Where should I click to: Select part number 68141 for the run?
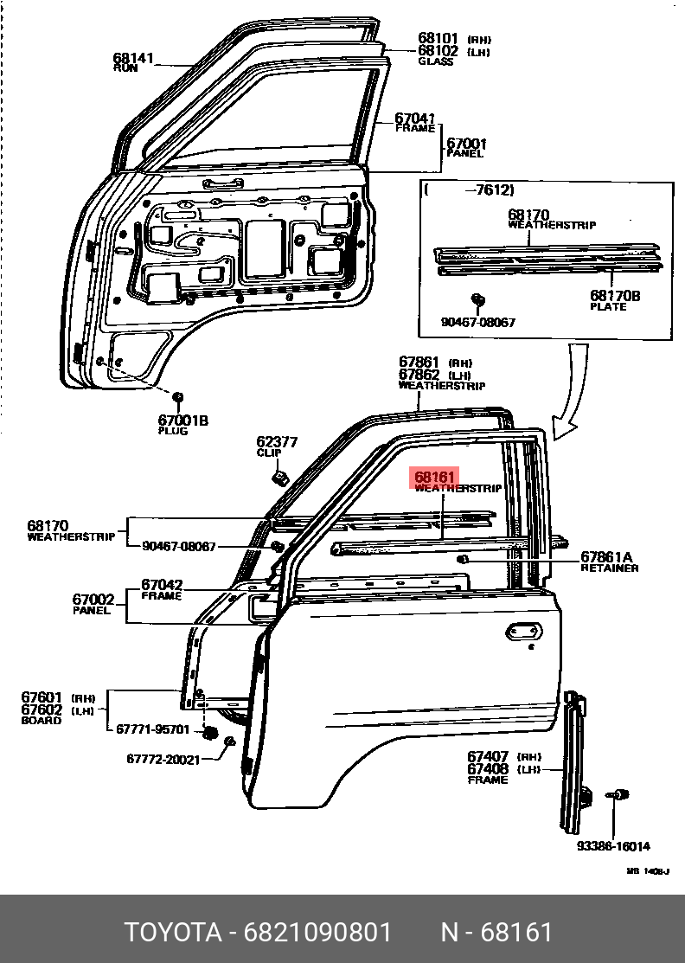point(132,59)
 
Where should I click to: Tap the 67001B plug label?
point(182,421)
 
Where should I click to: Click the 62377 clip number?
point(277,442)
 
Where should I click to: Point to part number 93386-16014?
point(613,846)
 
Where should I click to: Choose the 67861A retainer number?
point(606,557)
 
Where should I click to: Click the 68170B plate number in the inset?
point(615,296)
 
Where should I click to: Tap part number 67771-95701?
point(153,729)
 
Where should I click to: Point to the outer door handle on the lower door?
point(524,632)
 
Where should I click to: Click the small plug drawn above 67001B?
point(178,397)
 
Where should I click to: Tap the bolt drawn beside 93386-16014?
point(618,794)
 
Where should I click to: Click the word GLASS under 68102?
point(435,62)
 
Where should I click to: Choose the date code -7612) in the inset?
point(490,190)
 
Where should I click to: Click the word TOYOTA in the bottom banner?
point(173,933)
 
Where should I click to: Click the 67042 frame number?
point(162,585)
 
